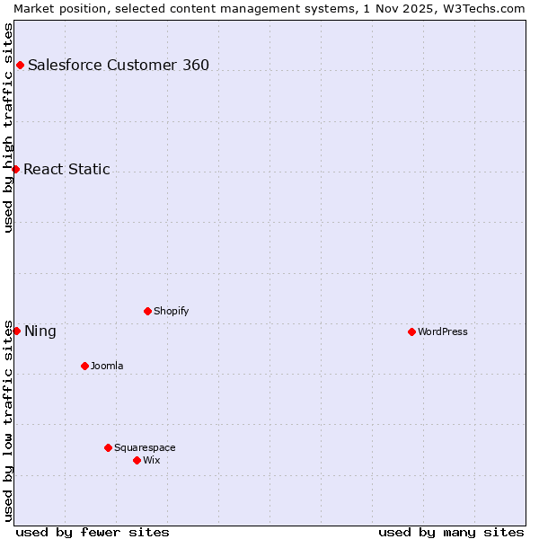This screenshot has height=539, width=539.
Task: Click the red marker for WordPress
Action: tap(411, 331)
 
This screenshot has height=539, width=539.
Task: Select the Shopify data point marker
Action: tap(147, 311)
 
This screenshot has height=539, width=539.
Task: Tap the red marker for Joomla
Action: tap(84, 366)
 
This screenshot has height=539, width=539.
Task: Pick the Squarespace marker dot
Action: tap(108, 447)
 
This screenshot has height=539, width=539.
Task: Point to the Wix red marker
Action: tap(137, 460)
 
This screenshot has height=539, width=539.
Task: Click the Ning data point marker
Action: tap(16, 331)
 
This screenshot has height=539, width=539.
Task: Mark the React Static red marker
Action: tap(15, 169)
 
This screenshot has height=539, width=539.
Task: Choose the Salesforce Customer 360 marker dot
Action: tap(20, 65)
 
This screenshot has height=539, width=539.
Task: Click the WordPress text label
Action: tap(443, 331)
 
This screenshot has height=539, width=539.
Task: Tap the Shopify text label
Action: tap(172, 311)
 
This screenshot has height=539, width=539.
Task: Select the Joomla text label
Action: tap(107, 366)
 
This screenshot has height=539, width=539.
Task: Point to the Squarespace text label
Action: tap(145, 447)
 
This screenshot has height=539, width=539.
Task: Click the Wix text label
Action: tap(152, 460)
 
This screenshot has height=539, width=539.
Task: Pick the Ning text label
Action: tap(40, 331)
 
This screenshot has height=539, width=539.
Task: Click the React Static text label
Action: tap(67, 169)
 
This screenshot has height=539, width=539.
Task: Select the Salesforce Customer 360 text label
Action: tap(119, 65)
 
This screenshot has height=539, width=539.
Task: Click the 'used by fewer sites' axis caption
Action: tap(93, 532)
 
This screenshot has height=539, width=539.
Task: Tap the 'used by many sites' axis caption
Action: tap(451, 532)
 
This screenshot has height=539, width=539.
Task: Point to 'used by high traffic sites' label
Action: tap(8, 128)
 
